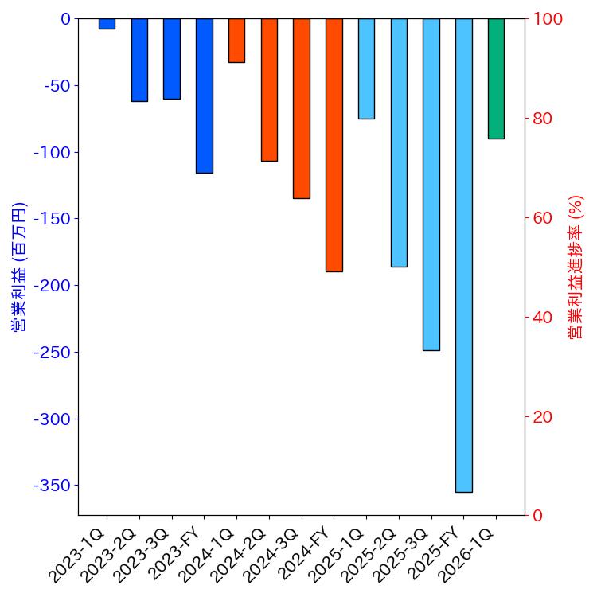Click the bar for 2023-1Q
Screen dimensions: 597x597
tap(107, 24)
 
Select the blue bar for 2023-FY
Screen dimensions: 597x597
tap(204, 96)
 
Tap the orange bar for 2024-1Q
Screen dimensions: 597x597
tap(236, 41)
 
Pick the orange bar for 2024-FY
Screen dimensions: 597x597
tap(334, 145)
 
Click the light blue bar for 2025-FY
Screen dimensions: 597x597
tap(463, 255)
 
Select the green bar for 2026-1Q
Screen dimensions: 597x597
tap(496, 79)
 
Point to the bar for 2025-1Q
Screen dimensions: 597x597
tap(366, 68)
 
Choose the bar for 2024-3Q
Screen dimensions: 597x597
tap(301, 108)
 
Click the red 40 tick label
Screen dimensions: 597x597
tap(543, 318)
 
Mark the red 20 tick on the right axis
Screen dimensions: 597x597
tap(543, 417)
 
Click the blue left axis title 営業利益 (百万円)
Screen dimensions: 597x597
tap(18, 267)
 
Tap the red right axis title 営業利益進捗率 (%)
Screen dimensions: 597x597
tap(576, 267)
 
